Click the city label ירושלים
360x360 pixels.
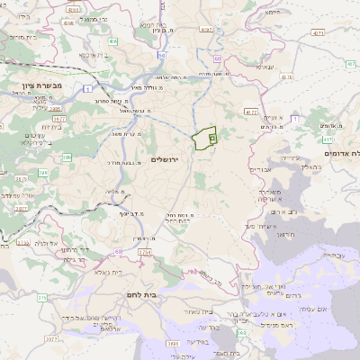pyautogui.click(x=166, y=159)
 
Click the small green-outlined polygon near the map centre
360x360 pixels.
pyautogui.click(x=204, y=139)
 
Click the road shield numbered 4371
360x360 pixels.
pyautogui.click(x=340, y=33)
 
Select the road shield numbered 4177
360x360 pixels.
pyautogui.click(x=251, y=112)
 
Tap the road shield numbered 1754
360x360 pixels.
pyautogui.click(x=145, y=253)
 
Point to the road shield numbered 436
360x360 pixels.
pyautogui.click(x=112, y=41)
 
